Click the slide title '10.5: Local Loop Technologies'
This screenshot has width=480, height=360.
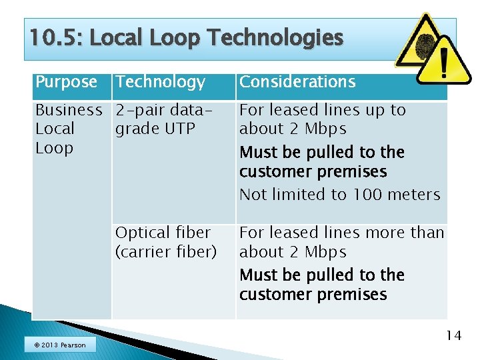click(x=186, y=38)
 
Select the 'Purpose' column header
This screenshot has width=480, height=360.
click(x=66, y=82)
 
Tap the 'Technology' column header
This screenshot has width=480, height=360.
click(x=160, y=82)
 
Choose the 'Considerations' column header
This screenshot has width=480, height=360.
click(x=297, y=82)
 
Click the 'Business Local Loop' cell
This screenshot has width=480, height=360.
click(x=68, y=129)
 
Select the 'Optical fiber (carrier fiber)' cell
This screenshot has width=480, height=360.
click(x=165, y=242)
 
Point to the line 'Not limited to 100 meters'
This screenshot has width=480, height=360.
click(x=339, y=195)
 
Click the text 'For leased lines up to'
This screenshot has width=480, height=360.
click(x=322, y=110)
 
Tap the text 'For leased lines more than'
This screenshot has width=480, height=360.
click(x=341, y=233)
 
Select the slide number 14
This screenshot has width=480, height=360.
click(x=453, y=335)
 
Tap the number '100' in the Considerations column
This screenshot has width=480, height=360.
click(x=366, y=195)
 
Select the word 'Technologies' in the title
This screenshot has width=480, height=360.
click(x=275, y=38)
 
